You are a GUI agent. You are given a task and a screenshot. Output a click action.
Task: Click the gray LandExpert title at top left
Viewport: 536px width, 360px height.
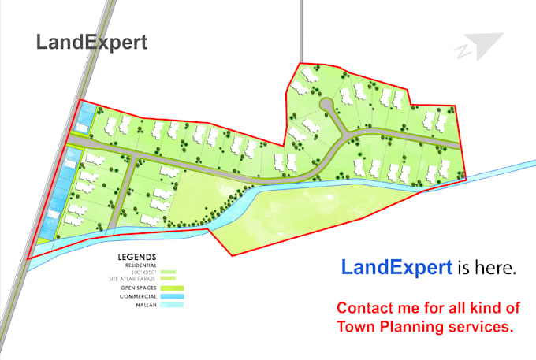pos(91,43)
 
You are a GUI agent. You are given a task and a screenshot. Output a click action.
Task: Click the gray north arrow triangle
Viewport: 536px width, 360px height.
pos(482,45)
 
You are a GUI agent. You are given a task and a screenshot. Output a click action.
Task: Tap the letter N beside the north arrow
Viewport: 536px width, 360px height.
pos(460,53)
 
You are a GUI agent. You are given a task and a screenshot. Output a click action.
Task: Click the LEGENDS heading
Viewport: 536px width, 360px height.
pos(136,257)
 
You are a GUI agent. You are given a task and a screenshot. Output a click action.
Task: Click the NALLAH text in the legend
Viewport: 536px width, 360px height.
pos(143,305)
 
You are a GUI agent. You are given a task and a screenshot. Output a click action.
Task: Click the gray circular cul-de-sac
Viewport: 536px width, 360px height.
pos(326,106)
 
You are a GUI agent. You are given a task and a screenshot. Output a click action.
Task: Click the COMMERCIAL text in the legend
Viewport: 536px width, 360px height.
pos(137,296)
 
